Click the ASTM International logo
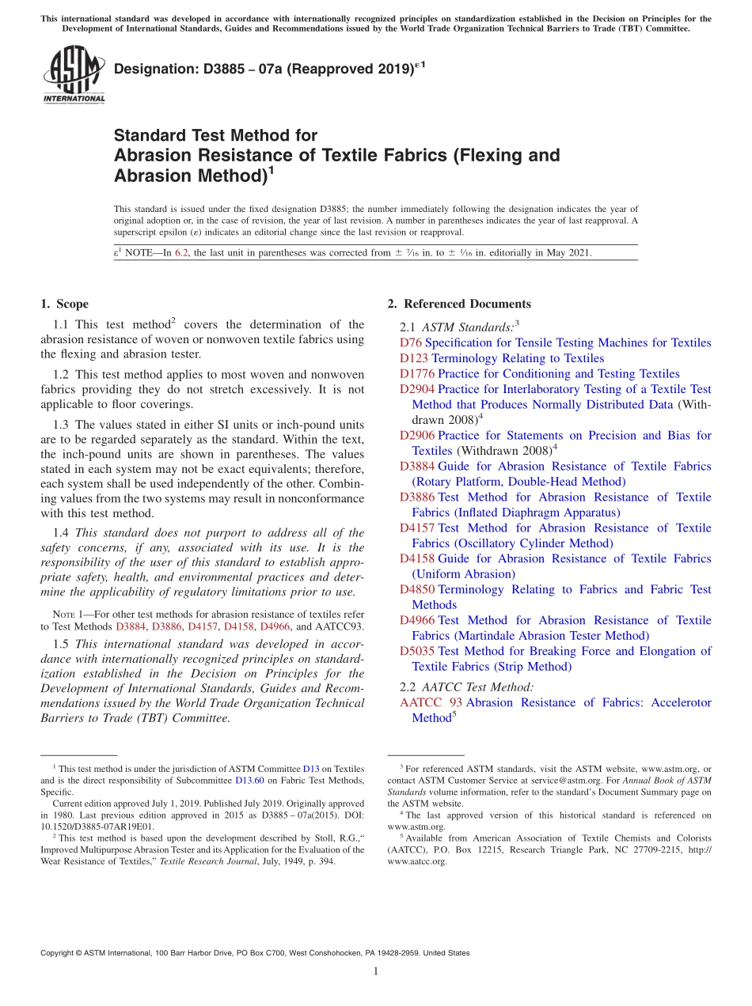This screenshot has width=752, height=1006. click(x=74, y=74)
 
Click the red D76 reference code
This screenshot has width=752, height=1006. click(x=411, y=343)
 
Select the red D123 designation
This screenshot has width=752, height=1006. click(x=414, y=358)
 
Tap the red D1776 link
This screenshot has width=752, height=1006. click(x=417, y=374)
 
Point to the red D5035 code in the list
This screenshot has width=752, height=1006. click(x=417, y=652)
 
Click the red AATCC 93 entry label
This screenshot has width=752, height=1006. click(x=431, y=703)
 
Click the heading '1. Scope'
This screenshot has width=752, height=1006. click(x=64, y=304)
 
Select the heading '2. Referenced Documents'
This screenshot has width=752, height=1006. click(x=459, y=304)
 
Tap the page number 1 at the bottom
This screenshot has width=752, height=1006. click(x=376, y=972)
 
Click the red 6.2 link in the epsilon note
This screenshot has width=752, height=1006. click(x=182, y=254)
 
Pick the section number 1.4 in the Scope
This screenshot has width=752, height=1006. click(x=61, y=533)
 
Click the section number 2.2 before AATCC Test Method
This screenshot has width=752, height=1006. click(x=408, y=687)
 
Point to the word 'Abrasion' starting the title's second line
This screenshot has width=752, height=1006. click(x=153, y=156)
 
